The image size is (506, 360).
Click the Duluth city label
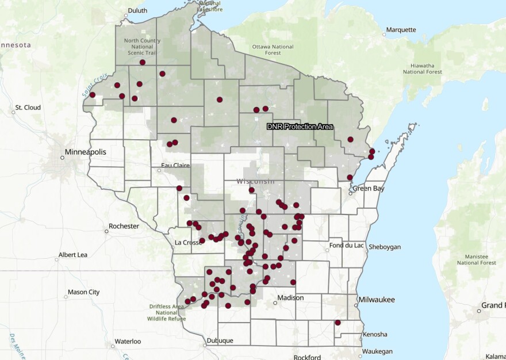click(x=137, y=10)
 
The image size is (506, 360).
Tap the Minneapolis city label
click(x=85, y=152)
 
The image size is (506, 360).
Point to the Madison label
click(x=290, y=297)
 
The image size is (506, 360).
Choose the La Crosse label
click(x=186, y=242)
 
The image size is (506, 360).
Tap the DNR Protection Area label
click(x=300, y=126)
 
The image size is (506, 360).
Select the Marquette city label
click(x=401, y=29)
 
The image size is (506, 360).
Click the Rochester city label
click(x=124, y=226)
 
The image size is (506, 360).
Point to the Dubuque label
click(x=219, y=340)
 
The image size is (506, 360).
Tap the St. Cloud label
click(x=28, y=108)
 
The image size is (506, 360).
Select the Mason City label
click(x=83, y=292)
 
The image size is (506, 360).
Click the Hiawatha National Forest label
click(x=422, y=68)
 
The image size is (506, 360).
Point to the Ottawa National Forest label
click(x=273, y=50)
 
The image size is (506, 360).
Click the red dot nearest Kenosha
click(x=338, y=323)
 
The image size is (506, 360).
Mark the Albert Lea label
click(x=72, y=254)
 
